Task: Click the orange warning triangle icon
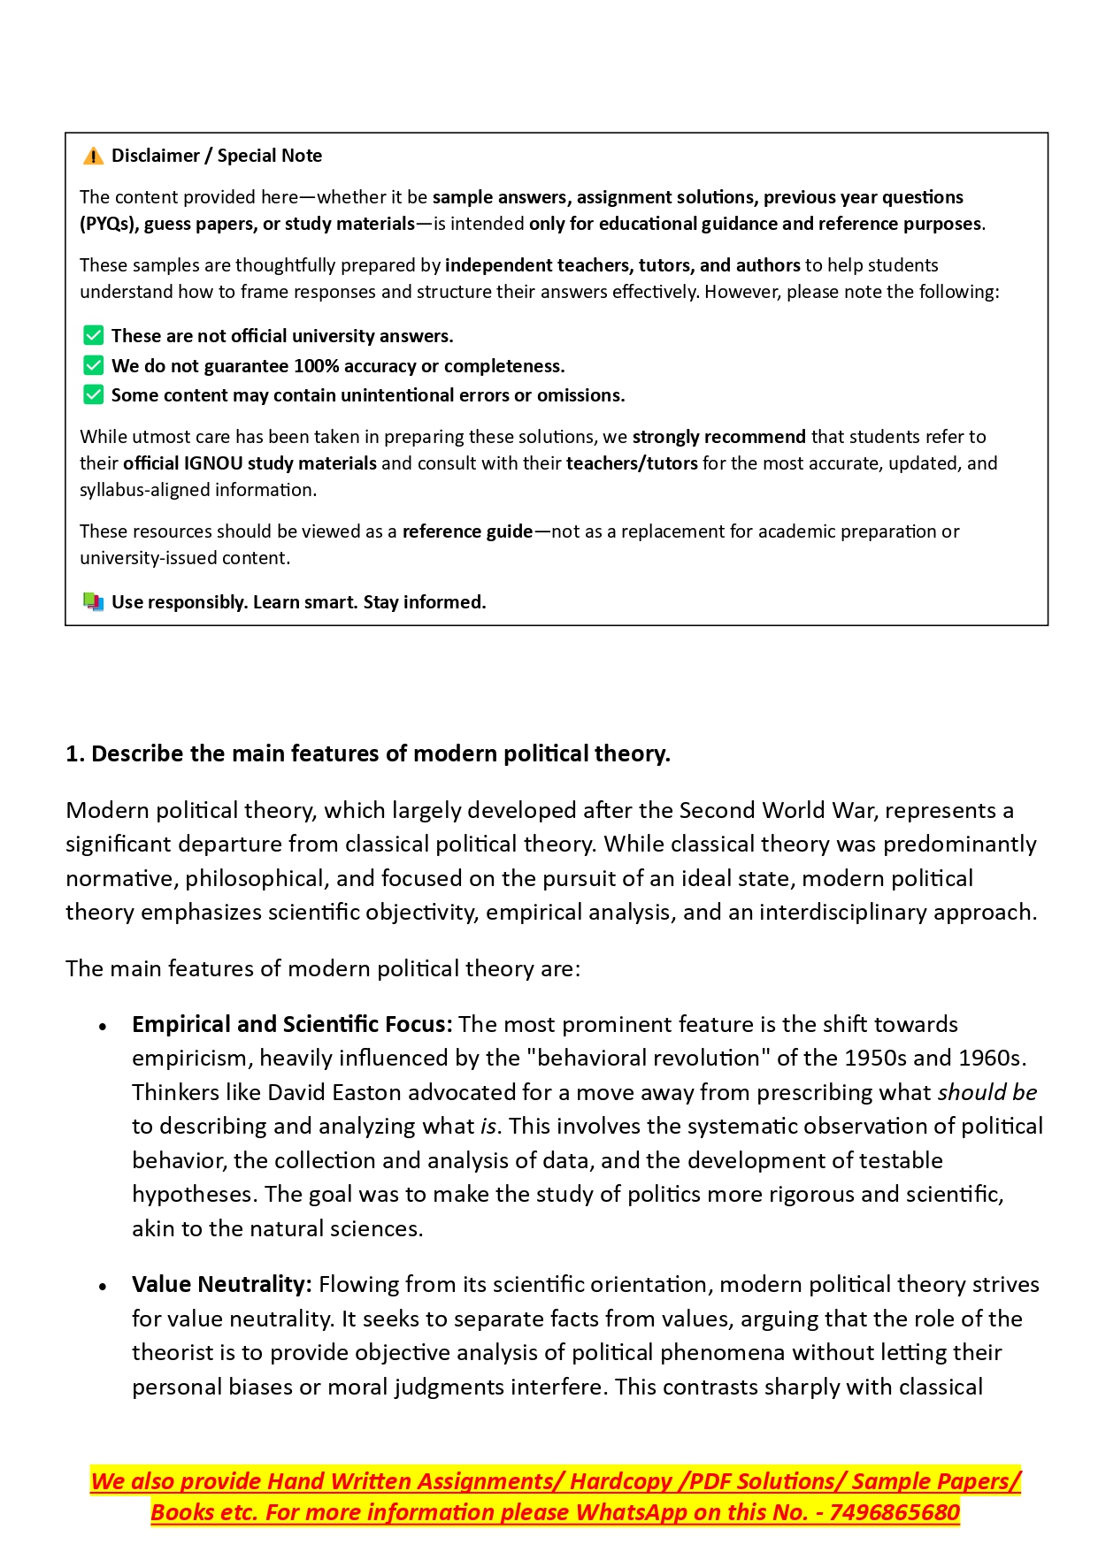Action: pos(93,157)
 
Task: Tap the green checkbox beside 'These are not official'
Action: pos(93,336)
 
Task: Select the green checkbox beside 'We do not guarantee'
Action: pos(93,365)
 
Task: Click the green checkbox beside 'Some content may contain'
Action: pos(93,394)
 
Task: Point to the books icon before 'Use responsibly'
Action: pos(93,602)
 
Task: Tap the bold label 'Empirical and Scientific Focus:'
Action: pos(292,1024)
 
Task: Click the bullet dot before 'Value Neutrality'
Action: pos(103,1287)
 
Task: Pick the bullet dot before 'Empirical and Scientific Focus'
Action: pos(103,1027)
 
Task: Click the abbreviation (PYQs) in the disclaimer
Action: pos(109,224)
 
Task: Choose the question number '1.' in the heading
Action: pos(75,753)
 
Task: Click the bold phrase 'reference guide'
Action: pos(467,531)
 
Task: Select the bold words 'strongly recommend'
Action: pos(718,437)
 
